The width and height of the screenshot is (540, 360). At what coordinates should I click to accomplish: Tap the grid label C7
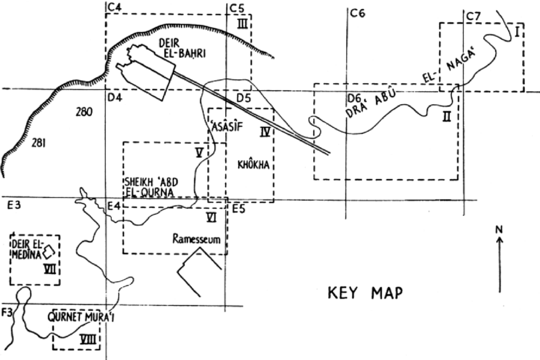473,16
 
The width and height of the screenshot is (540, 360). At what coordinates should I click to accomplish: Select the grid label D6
354,99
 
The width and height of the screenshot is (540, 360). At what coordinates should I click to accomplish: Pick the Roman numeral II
446,116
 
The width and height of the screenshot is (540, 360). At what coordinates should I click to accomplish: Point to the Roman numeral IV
264,132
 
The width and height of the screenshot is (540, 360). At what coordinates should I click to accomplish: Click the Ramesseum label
197,238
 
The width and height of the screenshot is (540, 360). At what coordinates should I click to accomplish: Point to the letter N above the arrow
500,229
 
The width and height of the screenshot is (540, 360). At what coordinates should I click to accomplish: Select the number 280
85,112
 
